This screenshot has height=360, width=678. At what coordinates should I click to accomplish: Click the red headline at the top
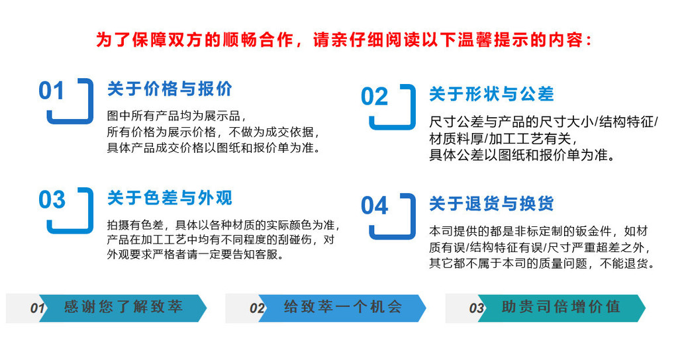[x=344, y=40]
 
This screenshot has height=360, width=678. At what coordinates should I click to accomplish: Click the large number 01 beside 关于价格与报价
[x=52, y=91]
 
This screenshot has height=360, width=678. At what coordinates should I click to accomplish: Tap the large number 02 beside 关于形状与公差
[x=375, y=97]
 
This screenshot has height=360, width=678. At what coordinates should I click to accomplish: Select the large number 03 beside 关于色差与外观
[x=52, y=200]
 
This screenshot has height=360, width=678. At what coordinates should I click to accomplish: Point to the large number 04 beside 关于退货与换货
[x=375, y=206]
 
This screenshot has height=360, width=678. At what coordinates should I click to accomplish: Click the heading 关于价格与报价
[x=169, y=89]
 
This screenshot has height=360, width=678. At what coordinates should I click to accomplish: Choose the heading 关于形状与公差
[x=491, y=94]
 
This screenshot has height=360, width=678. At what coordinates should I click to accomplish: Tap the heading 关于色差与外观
[x=169, y=198]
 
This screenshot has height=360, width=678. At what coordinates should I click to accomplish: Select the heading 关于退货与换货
[x=491, y=204]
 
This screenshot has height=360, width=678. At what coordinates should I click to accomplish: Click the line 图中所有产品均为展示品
[x=177, y=116]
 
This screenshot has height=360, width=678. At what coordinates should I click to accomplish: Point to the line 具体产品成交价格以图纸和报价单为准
[x=215, y=148]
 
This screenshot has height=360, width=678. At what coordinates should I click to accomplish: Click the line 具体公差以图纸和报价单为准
[x=522, y=155]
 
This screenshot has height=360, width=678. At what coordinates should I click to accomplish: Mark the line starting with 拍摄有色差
[x=224, y=225]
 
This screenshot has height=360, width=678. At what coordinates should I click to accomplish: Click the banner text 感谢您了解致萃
[x=123, y=307]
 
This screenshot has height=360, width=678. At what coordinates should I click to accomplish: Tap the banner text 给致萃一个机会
[x=343, y=307]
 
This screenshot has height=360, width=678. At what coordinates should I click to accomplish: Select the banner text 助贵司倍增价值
[x=561, y=307]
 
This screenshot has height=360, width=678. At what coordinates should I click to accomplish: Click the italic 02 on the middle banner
[x=258, y=308]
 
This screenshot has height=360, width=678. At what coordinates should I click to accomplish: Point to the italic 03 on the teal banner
[x=477, y=308]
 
